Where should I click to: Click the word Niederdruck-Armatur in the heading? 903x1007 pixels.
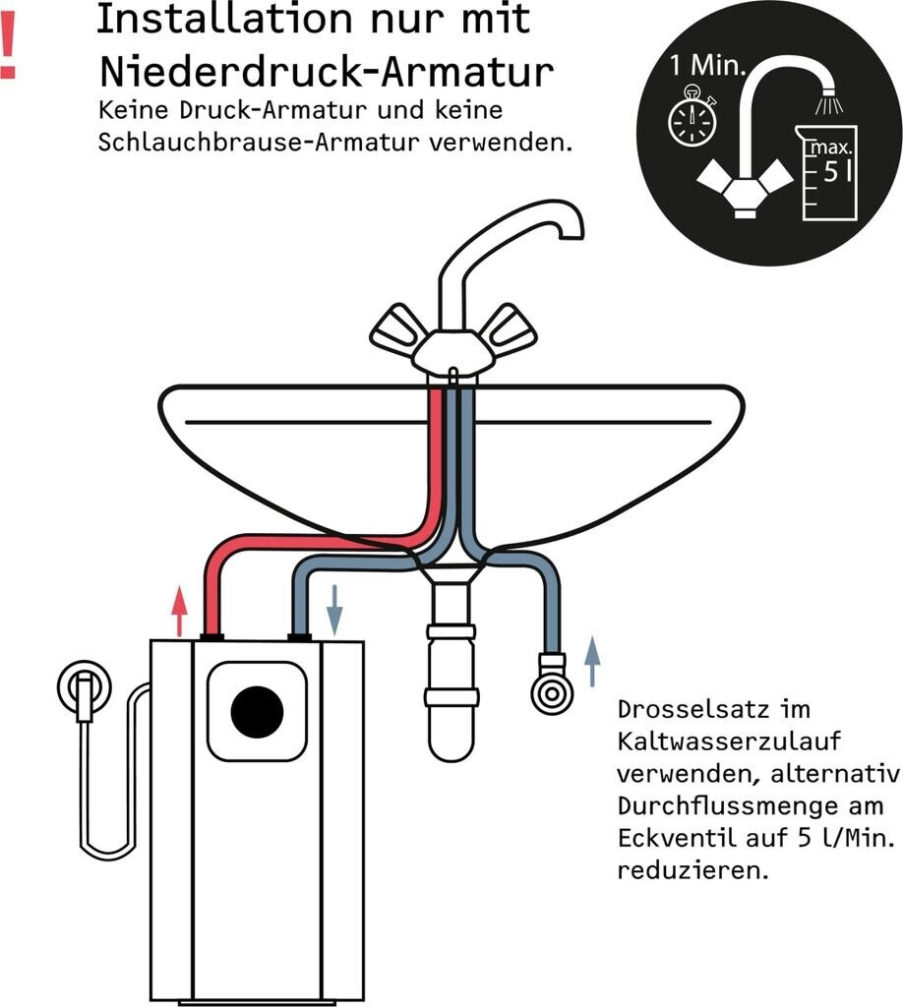pos(326,71)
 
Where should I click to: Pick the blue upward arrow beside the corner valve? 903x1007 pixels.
pos(591,661)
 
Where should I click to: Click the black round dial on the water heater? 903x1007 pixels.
pos(257,711)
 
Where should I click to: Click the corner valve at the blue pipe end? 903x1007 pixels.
pos(550,692)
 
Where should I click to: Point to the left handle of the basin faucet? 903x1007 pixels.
pos(397,329)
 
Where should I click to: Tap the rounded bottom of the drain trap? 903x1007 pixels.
pos(451,743)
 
